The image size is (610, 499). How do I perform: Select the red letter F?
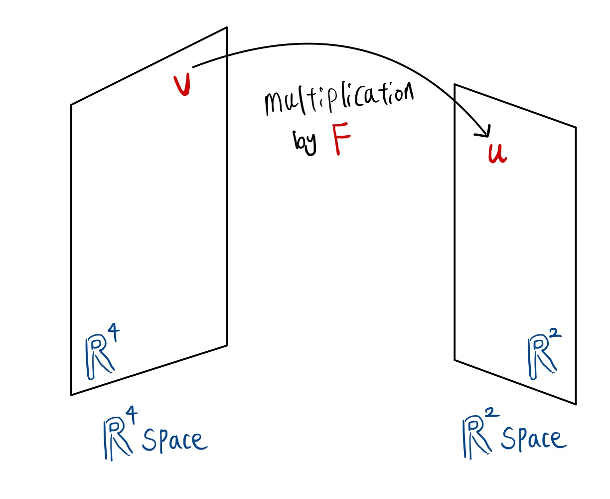(341, 139)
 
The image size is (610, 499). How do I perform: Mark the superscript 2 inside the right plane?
(555, 332)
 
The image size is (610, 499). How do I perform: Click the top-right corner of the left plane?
(227, 27)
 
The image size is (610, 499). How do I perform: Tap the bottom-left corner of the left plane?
(72, 395)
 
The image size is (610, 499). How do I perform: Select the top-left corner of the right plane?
(455, 85)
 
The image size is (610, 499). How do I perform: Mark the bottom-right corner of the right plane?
(576, 404)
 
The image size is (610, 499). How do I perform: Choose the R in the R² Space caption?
(475, 438)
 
